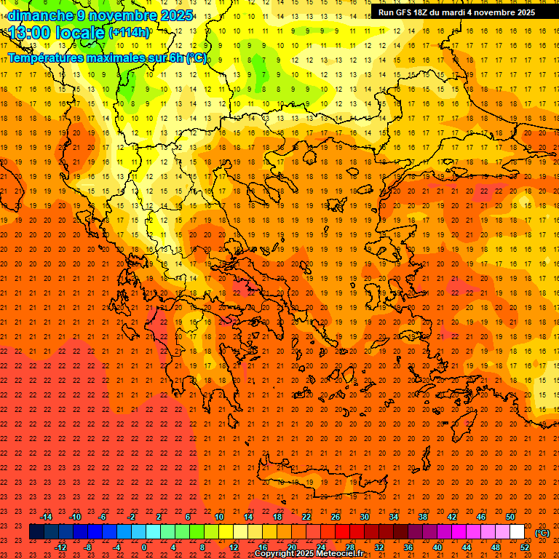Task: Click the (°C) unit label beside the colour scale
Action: [x=542, y=533]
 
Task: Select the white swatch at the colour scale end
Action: [x=517, y=532]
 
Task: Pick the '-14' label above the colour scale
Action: [x=46, y=517]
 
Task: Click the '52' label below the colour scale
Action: [x=525, y=547]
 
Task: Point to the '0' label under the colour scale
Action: [x=144, y=547]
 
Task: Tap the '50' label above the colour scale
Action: [x=510, y=517]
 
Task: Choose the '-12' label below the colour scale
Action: [x=60, y=547]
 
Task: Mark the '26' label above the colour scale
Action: [x=336, y=517]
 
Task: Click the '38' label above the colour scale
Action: [x=423, y=517]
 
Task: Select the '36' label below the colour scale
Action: [x=408, y=547]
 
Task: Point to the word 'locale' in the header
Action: [x=80, y=33]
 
